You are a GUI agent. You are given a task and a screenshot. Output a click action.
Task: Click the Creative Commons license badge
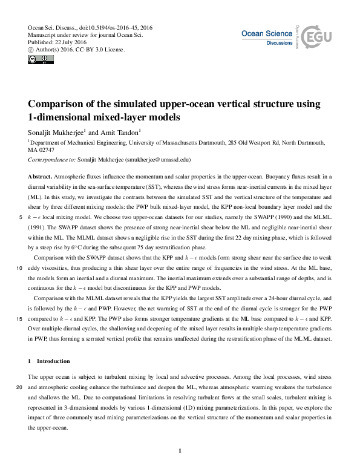pos(36,60)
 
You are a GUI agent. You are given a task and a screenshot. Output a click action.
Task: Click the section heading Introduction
pos(54,361)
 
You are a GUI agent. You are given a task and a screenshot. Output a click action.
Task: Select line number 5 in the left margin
pos(22,215)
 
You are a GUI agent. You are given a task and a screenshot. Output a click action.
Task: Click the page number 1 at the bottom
pos(180,450)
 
